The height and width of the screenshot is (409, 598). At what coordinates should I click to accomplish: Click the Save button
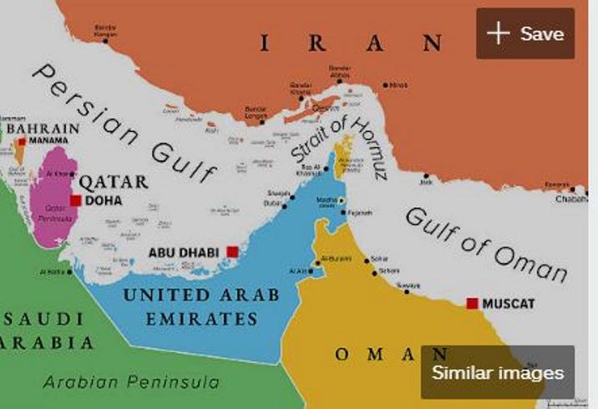[525, 33]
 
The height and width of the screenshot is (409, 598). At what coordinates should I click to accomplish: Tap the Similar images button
[498, 373]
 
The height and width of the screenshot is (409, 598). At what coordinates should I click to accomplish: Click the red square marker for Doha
[76, 200]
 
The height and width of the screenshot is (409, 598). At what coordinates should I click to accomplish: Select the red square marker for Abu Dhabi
[232, 251]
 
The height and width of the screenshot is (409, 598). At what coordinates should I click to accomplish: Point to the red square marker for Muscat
[473, 303]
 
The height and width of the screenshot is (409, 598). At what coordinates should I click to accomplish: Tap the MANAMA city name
[49, 140]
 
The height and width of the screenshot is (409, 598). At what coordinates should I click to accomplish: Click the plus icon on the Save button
[499, 33]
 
